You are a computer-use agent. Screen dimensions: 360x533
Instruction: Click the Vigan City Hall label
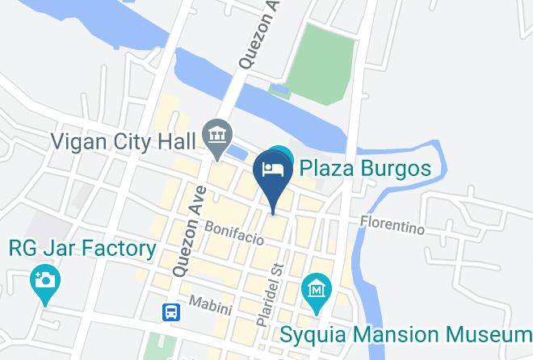click(123, 141)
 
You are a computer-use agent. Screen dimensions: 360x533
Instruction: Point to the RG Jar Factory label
click(82, 248)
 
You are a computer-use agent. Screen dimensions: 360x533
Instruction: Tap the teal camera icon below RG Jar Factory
click(44, 282)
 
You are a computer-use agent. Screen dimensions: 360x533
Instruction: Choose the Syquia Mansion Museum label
click(406, 334)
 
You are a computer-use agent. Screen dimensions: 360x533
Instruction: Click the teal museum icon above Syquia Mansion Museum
click(315, 288)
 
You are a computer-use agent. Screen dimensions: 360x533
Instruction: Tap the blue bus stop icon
click(171, 311)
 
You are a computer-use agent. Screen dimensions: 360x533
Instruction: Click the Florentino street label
click(392, 224)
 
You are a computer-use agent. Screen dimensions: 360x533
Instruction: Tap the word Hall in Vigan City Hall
click(178, 141)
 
